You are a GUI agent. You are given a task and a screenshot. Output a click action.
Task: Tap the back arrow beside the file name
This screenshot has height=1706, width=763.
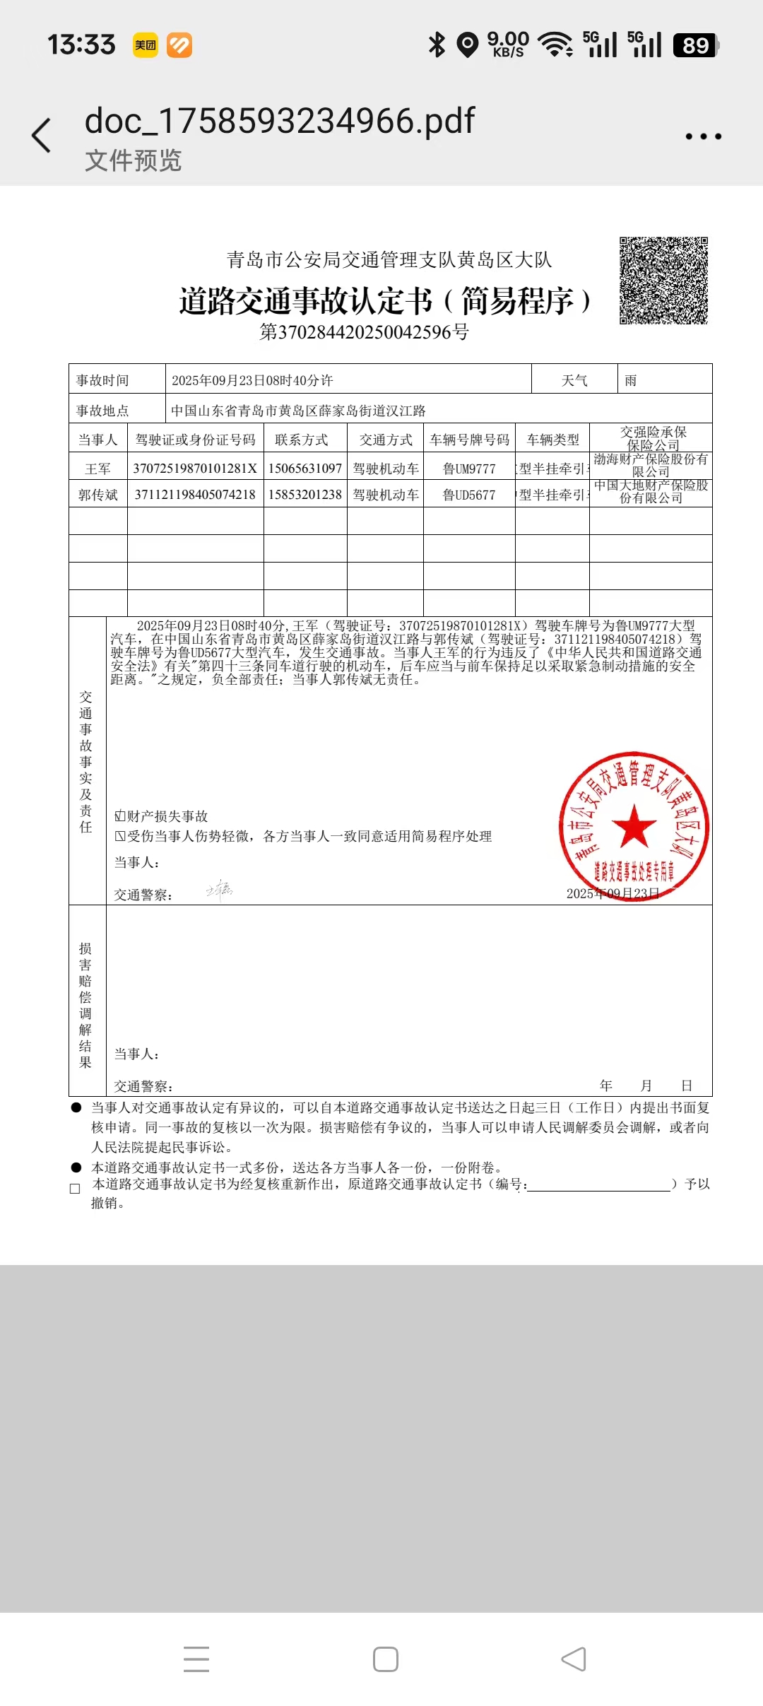point(42,135)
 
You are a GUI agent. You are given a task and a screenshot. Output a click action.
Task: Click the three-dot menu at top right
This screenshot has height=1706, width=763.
point(703,136)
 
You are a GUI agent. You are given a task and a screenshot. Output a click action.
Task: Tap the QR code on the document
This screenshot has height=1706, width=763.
point(663,281)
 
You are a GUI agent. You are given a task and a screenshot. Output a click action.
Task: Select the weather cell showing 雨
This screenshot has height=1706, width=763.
point(631,380)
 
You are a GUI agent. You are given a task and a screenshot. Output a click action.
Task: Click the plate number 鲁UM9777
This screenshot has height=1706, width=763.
point(469,469)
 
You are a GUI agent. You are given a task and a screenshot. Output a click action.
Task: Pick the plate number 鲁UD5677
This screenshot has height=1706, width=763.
point(469,495)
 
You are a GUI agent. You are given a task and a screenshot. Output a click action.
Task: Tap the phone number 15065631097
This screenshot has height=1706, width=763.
point(305,469)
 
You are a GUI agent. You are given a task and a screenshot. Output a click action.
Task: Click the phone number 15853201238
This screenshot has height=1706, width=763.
point(305,495)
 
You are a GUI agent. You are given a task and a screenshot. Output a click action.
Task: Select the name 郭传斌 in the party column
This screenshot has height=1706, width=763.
point(98,495)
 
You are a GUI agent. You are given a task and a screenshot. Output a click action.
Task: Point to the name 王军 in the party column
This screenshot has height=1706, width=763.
point(98,469)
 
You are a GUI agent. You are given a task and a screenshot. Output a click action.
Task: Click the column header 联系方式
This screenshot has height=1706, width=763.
point(302,440)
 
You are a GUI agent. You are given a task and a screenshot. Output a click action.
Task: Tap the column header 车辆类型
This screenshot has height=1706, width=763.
point(552,440)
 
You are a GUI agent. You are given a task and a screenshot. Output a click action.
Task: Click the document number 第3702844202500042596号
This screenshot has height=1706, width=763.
point(364,332)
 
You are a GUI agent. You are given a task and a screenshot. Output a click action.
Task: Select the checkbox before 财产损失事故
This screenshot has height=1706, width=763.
point(119,816)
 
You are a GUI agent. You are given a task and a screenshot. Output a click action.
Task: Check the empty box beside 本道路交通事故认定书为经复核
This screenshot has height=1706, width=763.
point(75,1189)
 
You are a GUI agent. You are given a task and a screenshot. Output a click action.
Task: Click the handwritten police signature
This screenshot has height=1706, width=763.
point(219,890)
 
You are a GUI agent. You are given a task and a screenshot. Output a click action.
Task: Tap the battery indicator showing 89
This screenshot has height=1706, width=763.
point(696,45)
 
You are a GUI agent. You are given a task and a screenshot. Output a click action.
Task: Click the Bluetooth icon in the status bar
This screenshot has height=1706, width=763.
point(437,45)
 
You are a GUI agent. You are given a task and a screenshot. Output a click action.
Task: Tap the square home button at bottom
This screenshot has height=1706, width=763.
point(386,1659)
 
